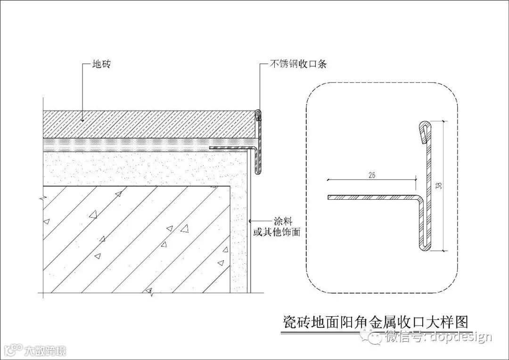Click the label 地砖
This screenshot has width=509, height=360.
pos(102,65)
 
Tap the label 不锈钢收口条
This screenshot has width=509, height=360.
pos(298,65)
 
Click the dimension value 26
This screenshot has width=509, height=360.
pos(371,175)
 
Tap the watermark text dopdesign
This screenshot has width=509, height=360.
pos(460,337)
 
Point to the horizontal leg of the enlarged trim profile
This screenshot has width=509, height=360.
pos(372,197)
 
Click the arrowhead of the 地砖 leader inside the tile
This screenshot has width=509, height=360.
pos(83,120)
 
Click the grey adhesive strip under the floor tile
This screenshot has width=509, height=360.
pos(141,144)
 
